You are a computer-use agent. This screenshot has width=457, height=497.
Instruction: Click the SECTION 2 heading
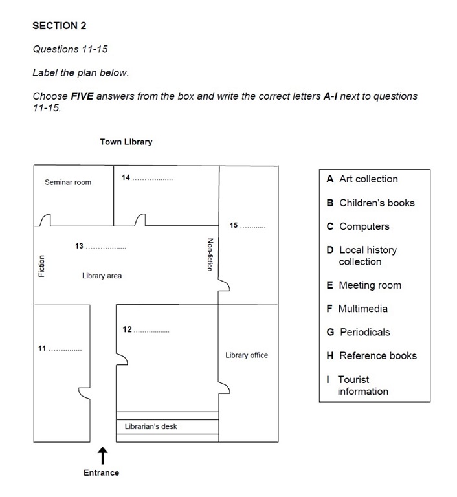(x=60, y=26)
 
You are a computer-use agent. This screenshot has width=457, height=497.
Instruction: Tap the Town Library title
(x=126, y=142)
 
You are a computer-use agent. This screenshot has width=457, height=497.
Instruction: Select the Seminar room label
(x=68, y=182)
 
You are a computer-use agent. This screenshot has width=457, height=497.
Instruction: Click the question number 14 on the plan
(x=126, y=177)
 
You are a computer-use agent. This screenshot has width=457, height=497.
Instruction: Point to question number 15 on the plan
(x=234, y=226)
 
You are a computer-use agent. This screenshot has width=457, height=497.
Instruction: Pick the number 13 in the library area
(x=79, y=246)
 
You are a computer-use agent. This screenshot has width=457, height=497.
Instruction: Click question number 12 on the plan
(x=127, y=330)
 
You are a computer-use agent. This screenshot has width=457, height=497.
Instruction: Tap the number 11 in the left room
(x=42, y=349)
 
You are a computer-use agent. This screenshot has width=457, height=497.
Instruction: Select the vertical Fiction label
(x=42, y=266)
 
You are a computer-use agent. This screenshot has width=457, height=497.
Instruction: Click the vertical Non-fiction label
(x=209, y=254)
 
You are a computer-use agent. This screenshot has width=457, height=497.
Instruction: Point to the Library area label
(x=102, y=276)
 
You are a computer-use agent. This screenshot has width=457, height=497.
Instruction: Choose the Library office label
(x=247, y=355)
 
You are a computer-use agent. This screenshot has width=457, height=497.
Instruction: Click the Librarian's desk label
(x=151, y=426)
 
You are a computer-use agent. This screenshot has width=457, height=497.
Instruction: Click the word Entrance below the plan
(x=102, y=473)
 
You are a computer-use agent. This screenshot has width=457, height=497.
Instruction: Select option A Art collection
(x=362, y=179)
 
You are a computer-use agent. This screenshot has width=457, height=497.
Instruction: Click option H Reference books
(x=372, y=356)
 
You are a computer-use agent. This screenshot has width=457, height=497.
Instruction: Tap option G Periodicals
(x=359, y=332)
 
